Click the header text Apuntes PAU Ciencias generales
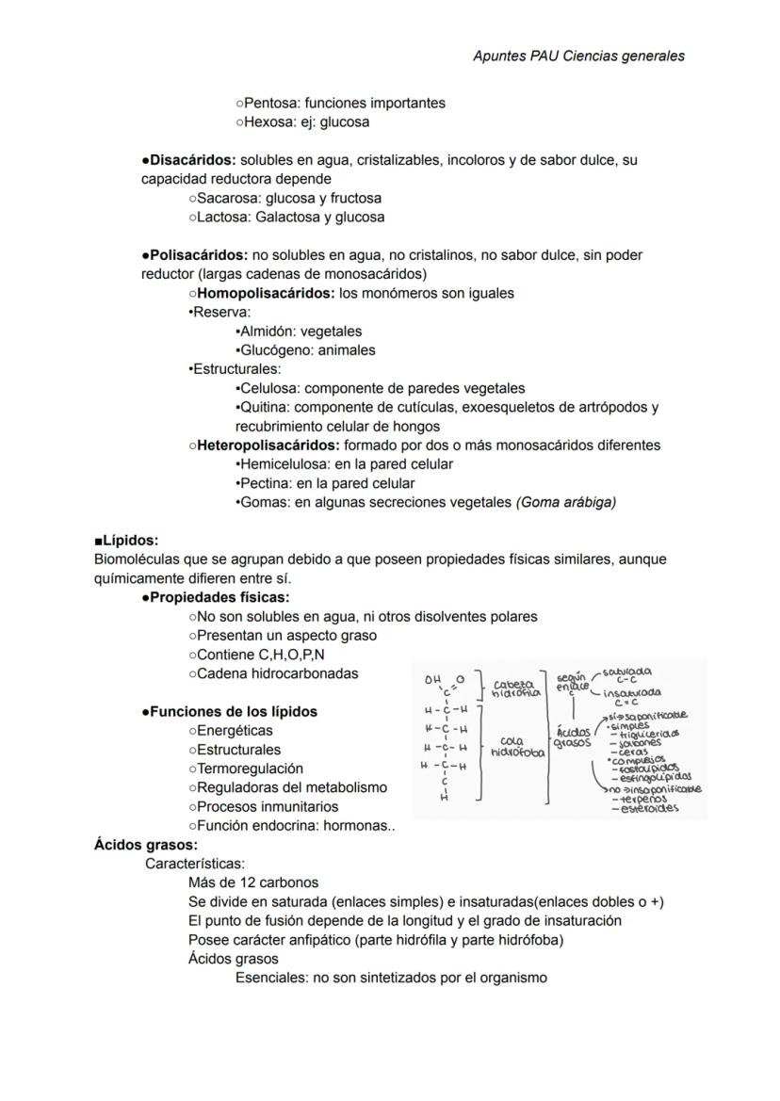(x=578, y=56)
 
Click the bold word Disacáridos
(x=192, y=160)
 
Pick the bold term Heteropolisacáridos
(x=268, y=445)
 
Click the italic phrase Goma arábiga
(x=566, y=502)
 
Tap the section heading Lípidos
(x=130, y=541)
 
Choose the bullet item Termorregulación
(x=250, y=769)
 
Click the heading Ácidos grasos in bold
(x=145, y=845)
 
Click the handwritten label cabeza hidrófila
(x=515, y=688)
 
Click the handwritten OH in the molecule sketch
(x=432, y=679)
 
